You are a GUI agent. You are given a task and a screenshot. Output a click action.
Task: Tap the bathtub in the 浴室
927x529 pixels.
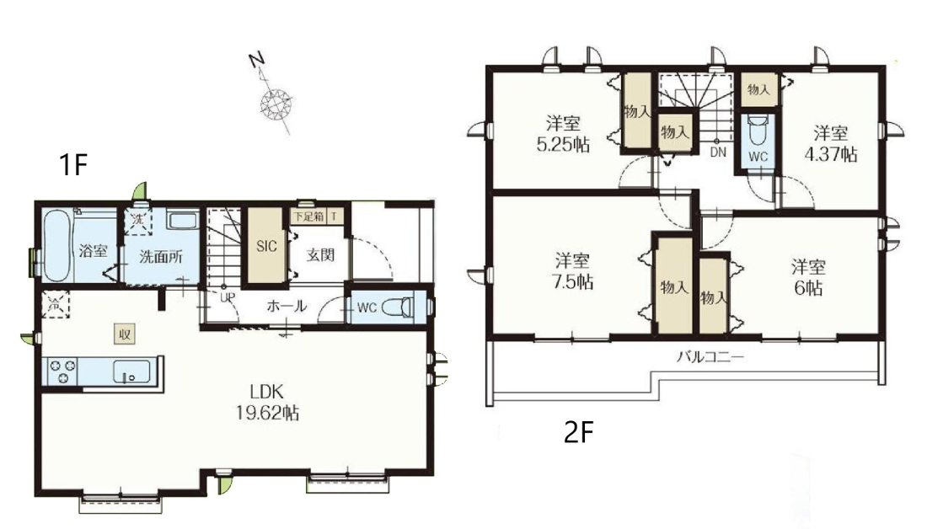(x=58, y=244)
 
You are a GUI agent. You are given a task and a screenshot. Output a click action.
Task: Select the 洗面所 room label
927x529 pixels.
(x=161, y=257)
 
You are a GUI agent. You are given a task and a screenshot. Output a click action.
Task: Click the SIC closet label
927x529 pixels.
(x=266, y=247)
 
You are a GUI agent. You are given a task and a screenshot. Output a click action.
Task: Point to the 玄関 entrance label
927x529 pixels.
(x=320, y=254)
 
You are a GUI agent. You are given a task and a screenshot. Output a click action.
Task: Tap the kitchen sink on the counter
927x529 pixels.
(x=131, y=371)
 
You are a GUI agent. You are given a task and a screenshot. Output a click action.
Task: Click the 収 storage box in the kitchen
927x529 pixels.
(x=125, y=334)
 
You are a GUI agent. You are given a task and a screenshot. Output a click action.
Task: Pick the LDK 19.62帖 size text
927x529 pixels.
(x=267, y=402)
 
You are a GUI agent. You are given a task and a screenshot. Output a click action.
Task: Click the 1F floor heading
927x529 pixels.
(x=73, y=164)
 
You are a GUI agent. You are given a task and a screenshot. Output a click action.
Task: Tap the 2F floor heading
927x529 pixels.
(x=578, y=433)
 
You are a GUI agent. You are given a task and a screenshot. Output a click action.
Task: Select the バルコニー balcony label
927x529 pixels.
(x=710, y=357)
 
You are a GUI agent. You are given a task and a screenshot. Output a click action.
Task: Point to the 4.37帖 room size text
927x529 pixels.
(x=831, y=154)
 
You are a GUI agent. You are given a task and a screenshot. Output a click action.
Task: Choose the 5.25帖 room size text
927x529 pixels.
(x=564, y=145)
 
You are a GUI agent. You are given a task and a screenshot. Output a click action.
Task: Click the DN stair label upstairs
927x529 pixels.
(x=718, y=152)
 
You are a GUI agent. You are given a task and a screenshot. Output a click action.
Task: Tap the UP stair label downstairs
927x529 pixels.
(x=228, y=297)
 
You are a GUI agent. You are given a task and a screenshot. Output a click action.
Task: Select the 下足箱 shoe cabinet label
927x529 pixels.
(x=309, y=216)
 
